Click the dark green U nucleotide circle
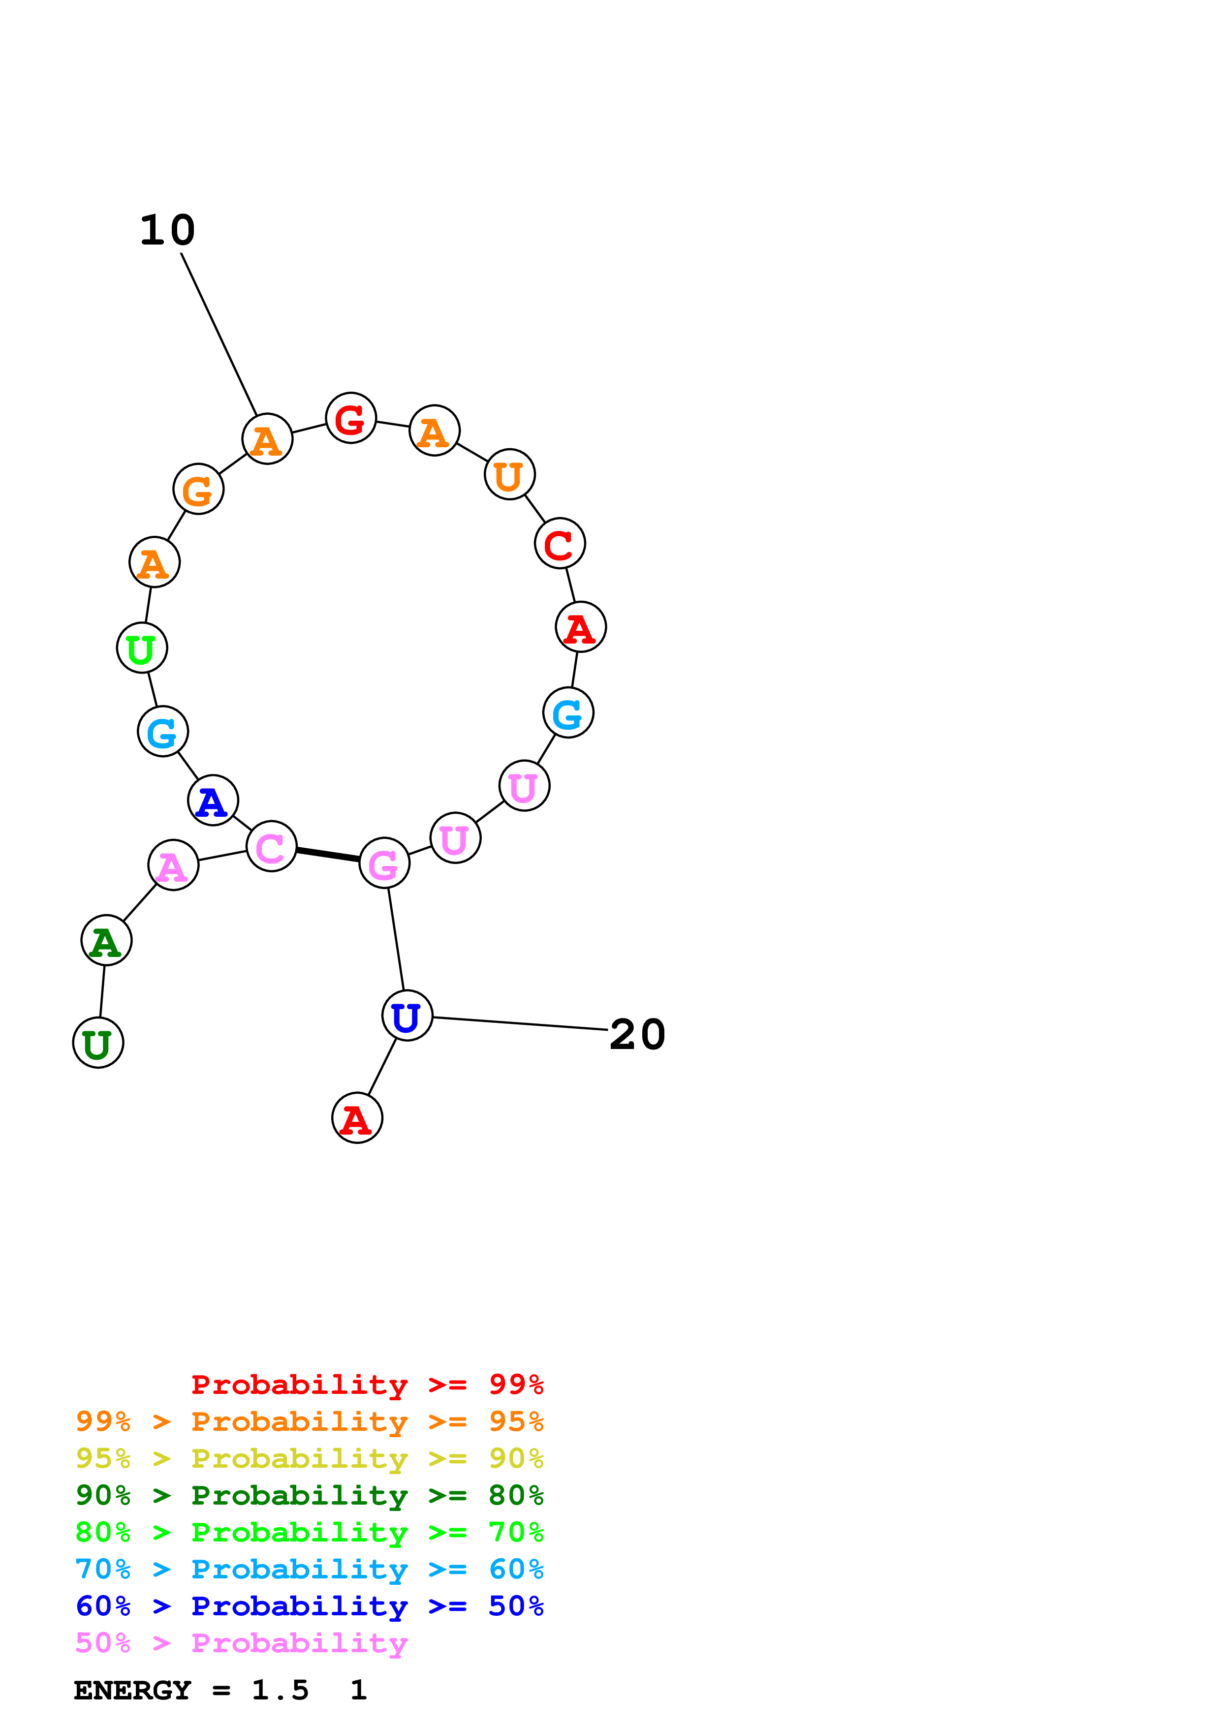tap(98, 1043)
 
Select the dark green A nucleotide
tap(106, 940)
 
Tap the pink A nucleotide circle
tap(173, 865)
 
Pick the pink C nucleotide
tap(271, 846)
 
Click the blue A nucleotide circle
tap(213, 801)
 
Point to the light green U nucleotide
tap(141, 648)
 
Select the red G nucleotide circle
tap(350, 418)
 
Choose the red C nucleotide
tap(559, 544)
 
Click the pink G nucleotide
tap(384, 863)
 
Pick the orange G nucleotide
tap(198, 490)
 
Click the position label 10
tap(167, 230)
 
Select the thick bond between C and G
tap(328, 855)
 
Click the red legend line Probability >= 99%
tap(367, 1384)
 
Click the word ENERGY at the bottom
tap(131, 1690)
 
